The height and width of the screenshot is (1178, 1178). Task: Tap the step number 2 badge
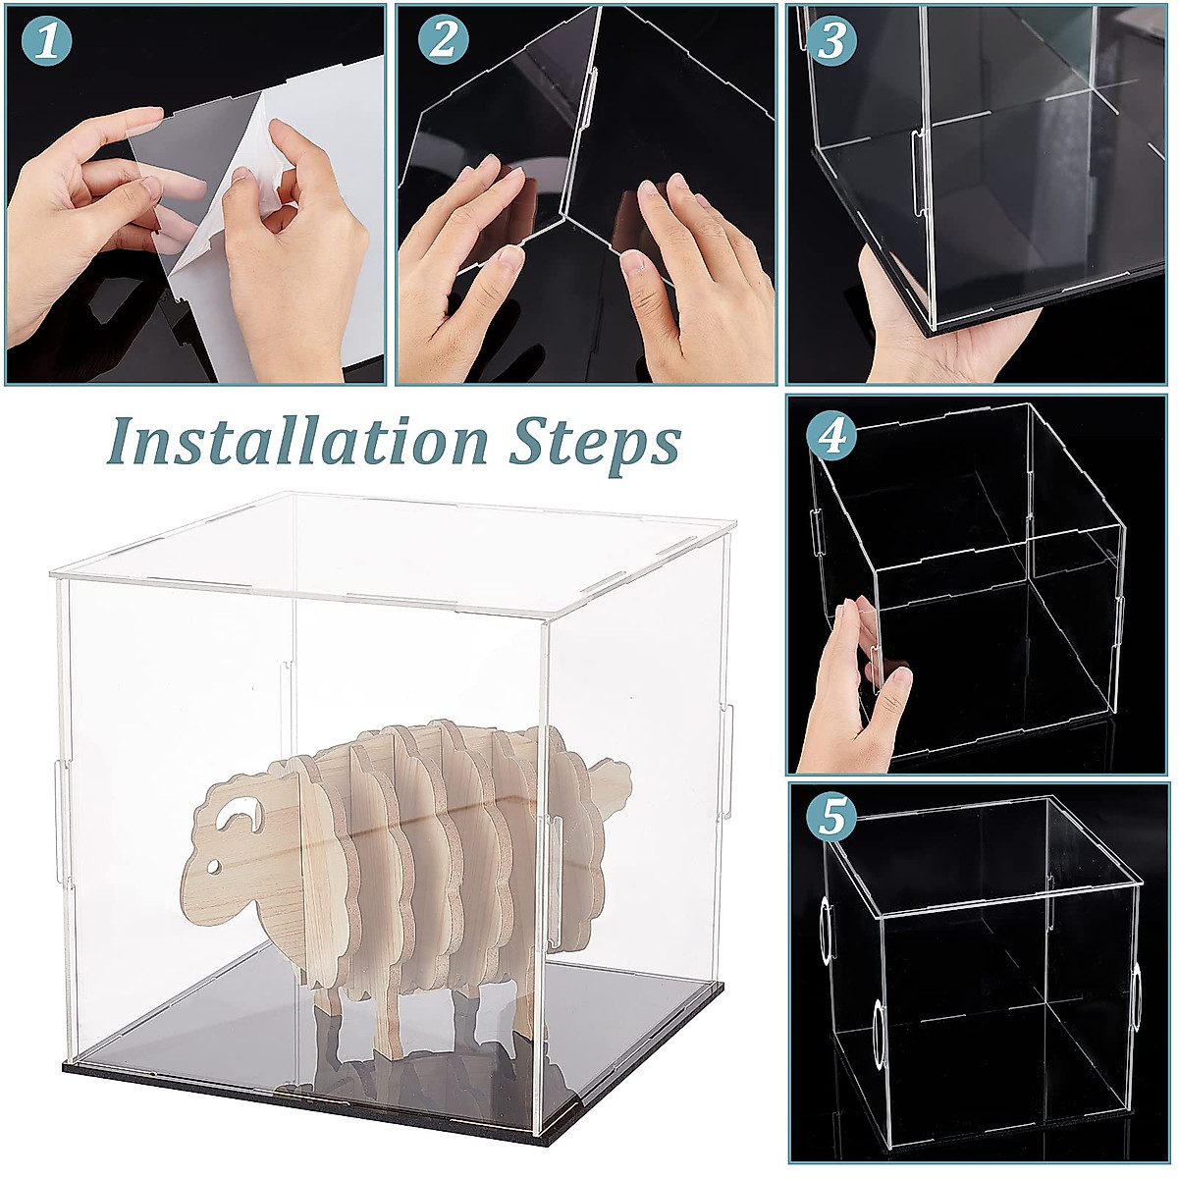click(443, 41)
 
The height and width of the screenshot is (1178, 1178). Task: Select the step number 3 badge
click(831, 41)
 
